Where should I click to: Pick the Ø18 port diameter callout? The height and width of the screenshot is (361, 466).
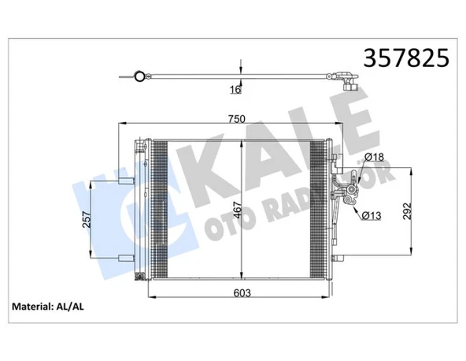(x=374, y=158)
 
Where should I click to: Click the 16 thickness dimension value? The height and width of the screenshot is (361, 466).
(x=235, y=90)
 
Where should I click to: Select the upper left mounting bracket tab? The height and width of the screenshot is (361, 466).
(x=125, y=180)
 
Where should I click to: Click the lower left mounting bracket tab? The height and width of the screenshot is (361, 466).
(x=125, y=258)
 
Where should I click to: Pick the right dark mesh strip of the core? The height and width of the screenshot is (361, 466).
(x=322, y=210)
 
